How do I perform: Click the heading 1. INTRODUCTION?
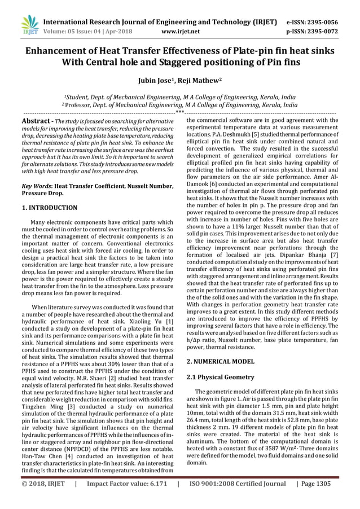pos(50,208)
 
